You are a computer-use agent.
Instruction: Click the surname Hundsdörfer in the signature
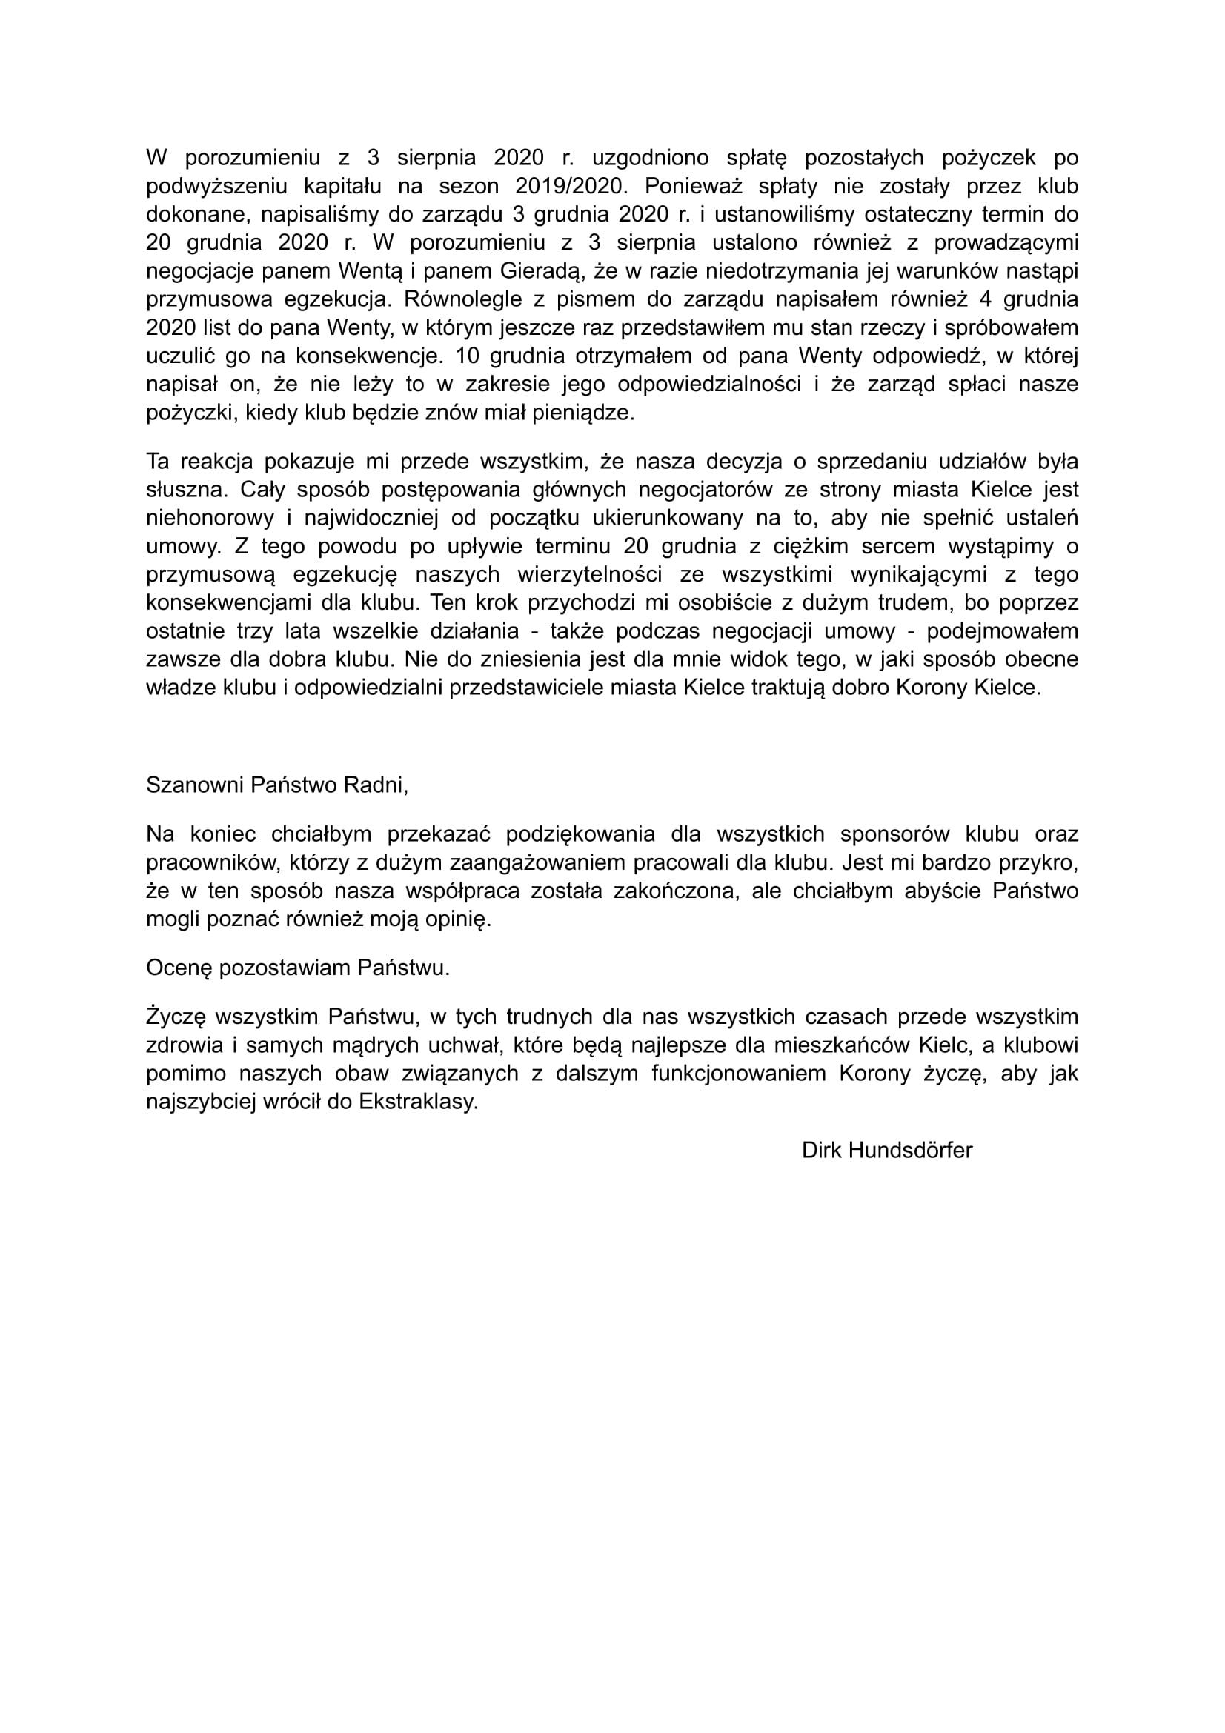point(910,1151)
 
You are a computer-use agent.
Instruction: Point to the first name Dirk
point(822,1151)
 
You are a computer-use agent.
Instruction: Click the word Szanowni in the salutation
point(195,785)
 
